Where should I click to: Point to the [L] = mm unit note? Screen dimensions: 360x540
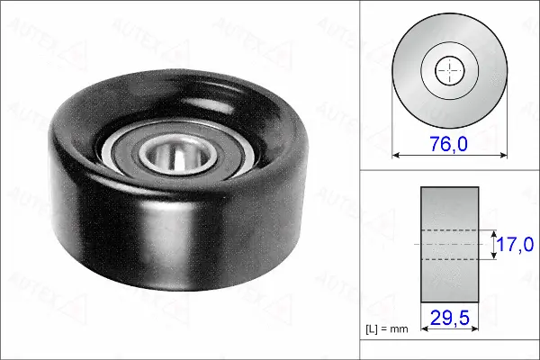(388, 328)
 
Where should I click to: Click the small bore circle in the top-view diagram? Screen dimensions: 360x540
(450, 71)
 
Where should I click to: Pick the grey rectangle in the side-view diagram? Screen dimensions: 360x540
(450, 207)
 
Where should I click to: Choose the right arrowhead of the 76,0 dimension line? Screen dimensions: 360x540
(501, 155)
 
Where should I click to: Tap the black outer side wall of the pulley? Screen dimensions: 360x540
(99, 225)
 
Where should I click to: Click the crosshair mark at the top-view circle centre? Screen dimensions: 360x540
(450, 71)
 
